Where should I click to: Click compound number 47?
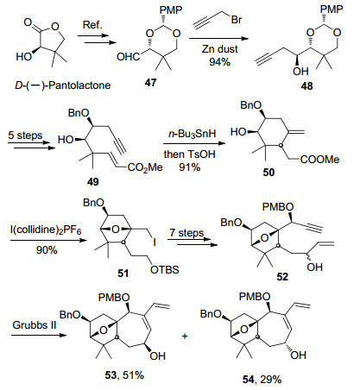150,83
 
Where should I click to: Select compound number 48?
306,86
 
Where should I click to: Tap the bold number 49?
92,181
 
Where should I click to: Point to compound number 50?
268,172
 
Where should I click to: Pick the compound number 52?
282,276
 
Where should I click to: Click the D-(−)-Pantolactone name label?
63,85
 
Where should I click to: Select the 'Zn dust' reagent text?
220,49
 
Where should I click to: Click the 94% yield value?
219,61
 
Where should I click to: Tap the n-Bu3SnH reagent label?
192,134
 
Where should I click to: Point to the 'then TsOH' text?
190,154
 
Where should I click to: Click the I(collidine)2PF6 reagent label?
46,230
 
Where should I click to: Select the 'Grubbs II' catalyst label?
35,325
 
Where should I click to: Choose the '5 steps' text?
25,135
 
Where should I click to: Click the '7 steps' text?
186,232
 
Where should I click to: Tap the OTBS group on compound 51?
165,270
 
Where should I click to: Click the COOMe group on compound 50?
319,160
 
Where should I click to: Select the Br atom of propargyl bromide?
237,20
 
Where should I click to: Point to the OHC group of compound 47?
129,57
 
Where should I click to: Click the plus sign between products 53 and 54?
185,336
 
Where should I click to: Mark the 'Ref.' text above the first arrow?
92,25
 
